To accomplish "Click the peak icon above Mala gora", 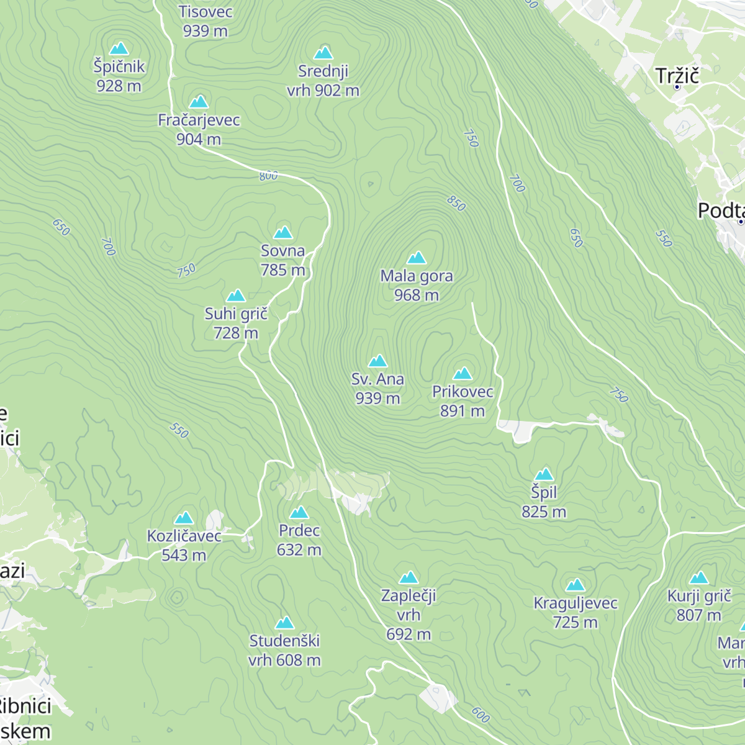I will click(417, 257).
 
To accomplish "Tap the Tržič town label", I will click(677, 76).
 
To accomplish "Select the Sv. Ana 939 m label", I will click(377, 389).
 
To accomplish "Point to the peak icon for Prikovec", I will click(463, 373).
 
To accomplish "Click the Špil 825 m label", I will click(544, 502).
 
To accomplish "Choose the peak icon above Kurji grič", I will click(699, 578).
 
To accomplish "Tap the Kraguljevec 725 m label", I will click(576, 612).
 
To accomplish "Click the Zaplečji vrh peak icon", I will click(409, 577).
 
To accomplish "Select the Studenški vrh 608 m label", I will click(284, 650).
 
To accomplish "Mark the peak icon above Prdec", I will click(299, 512).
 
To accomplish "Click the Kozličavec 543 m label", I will click(184, 545).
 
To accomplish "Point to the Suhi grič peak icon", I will click(236, 296).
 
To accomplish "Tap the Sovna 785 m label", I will click(283, 260).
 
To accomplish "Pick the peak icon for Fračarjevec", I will click(199, 102).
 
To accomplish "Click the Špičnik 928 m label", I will click(119, 76).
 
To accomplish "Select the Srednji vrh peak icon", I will click(323, 53).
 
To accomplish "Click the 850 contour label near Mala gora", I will click(456, 203).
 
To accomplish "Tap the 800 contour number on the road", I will click(268, 176).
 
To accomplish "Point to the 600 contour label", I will click(481, 715).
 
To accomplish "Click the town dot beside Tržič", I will click(677, 87).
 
